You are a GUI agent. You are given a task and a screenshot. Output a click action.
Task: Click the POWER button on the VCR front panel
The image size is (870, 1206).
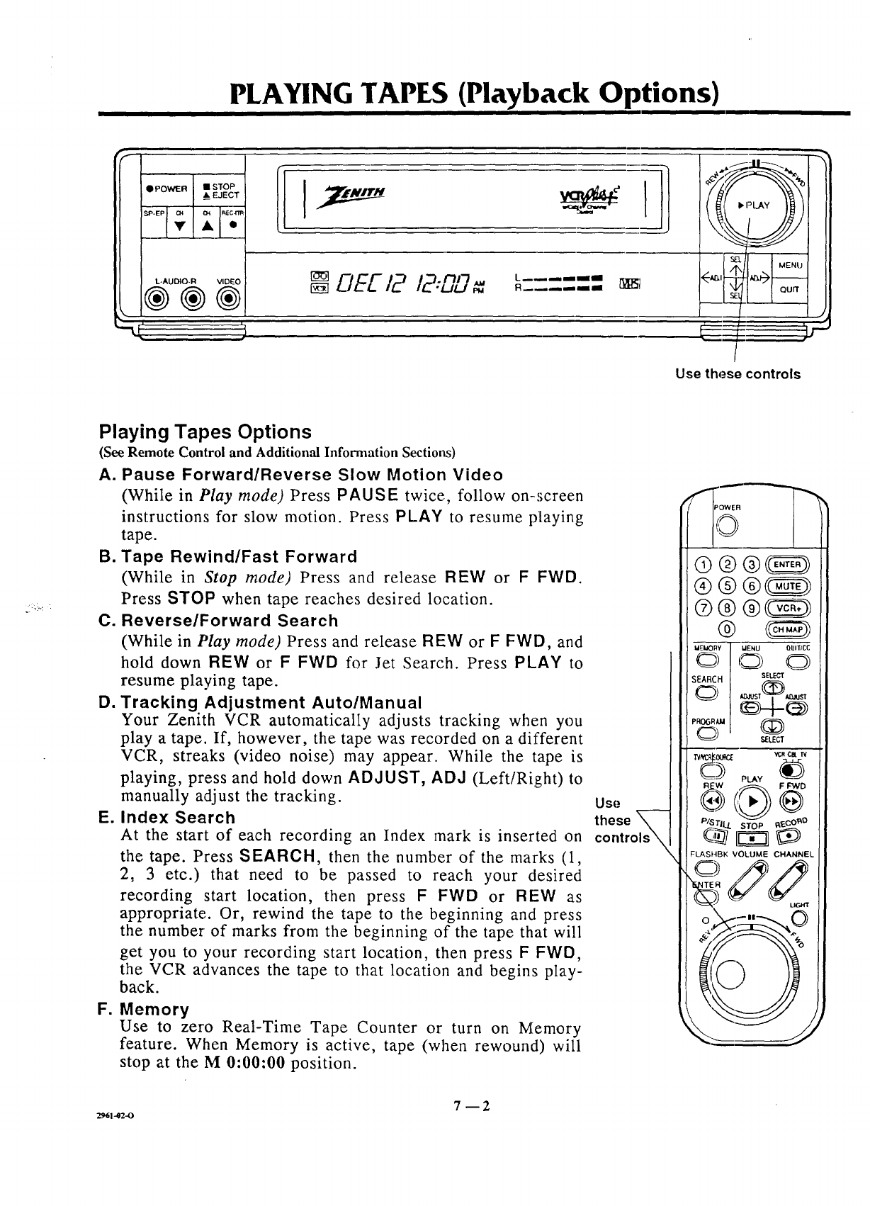[x=166, y=189]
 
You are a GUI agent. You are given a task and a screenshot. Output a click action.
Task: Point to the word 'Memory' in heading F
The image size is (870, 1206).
[x=154, y=1009]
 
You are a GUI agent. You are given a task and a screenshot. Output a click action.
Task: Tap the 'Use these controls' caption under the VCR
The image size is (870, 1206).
[x=738, y=374]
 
